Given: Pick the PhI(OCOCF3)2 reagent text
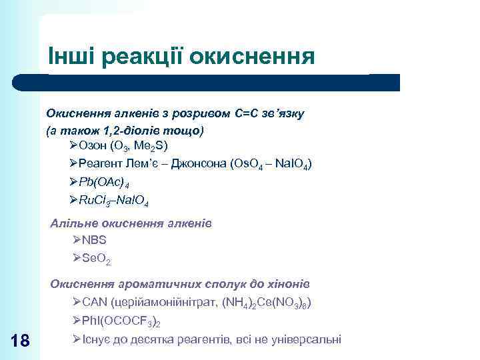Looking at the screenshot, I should pyautogui.click(x=119, y=322).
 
